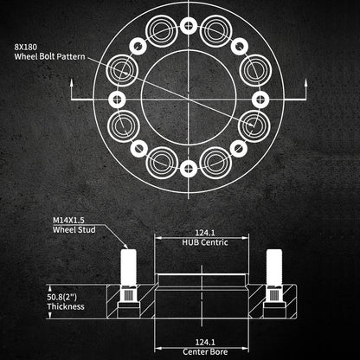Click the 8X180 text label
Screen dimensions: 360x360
[26, 47]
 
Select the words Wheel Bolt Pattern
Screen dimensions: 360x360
[49, 56]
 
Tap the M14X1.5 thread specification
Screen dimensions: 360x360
[68, 220]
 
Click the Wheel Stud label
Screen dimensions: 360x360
[74, 230]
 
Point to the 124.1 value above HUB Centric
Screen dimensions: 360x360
[205, 233]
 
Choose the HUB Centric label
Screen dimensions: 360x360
[205, 242]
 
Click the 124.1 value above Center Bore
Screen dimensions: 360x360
[205, 343]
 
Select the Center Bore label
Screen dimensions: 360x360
[205, 352]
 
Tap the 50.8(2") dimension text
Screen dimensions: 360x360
[62, 297]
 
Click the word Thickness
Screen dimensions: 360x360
[66, 306]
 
